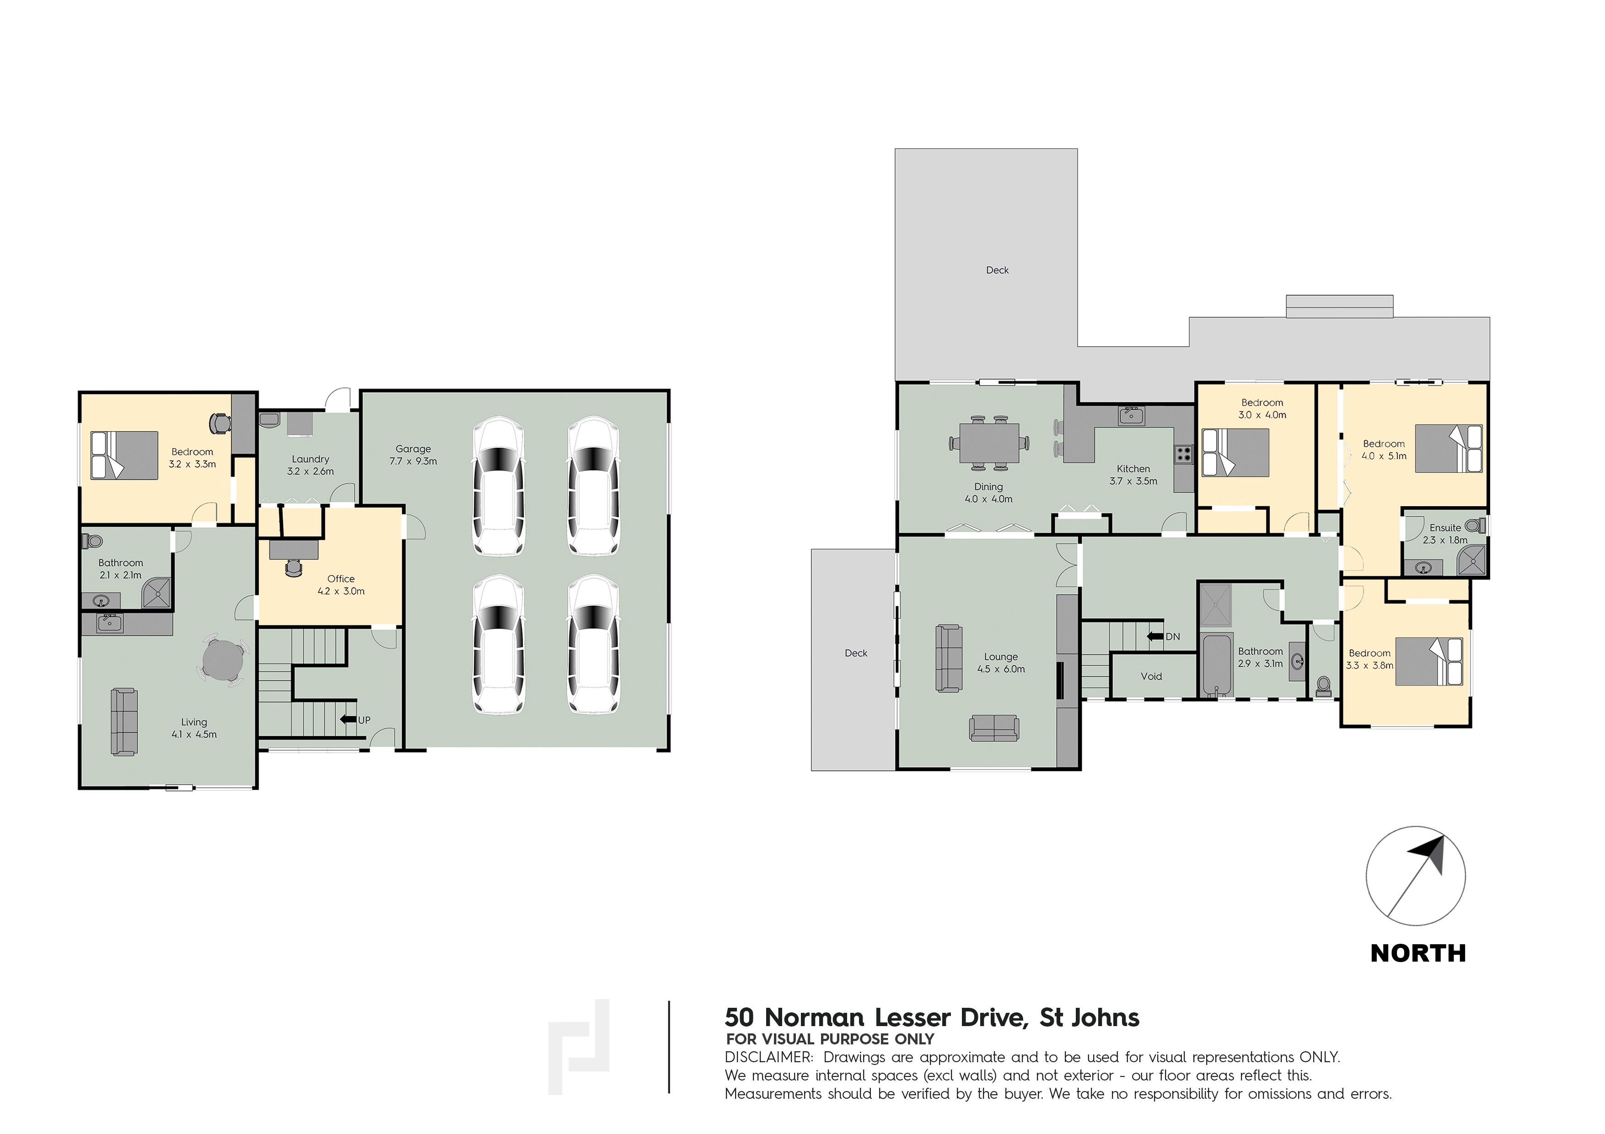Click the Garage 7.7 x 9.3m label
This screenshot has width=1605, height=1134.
pos(413,455)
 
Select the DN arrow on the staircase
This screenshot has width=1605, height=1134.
pos(1155,637)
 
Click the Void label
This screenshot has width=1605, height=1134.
pos(1151,676)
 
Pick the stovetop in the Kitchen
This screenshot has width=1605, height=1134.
pos(1183,454)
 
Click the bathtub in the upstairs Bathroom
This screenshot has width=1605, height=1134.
pos(1217,664)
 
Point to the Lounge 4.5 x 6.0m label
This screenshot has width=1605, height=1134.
pos(1001,663)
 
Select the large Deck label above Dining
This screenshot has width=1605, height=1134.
pos(998,270)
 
